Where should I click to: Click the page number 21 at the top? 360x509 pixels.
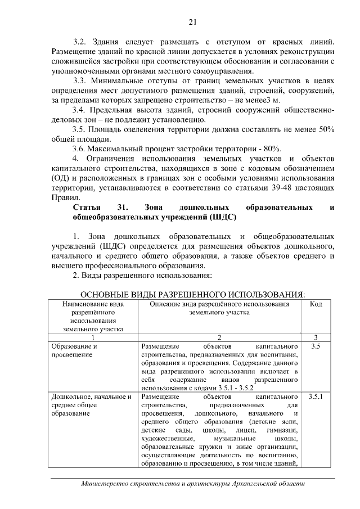point(192,22)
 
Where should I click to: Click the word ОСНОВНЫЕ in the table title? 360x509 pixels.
point(107,295)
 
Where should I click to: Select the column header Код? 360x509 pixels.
point(316,304)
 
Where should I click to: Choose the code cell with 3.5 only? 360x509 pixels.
point(316,346)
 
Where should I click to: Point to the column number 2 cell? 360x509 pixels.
point(219,337)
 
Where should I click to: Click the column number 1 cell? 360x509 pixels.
point(93,337)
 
